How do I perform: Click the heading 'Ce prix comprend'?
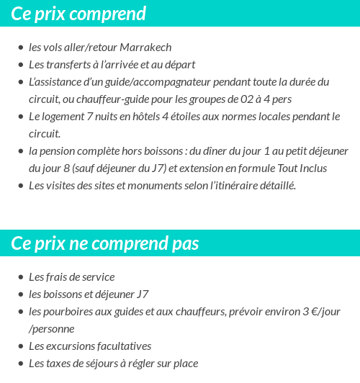[78, 14]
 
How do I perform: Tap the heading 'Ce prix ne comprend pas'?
[105, 243]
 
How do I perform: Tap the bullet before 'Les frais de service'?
[20, 278]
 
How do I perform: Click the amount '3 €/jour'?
[320, 312]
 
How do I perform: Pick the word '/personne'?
[52, 329]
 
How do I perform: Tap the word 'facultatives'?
[121, 346]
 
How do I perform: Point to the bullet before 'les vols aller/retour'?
[20, 48]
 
